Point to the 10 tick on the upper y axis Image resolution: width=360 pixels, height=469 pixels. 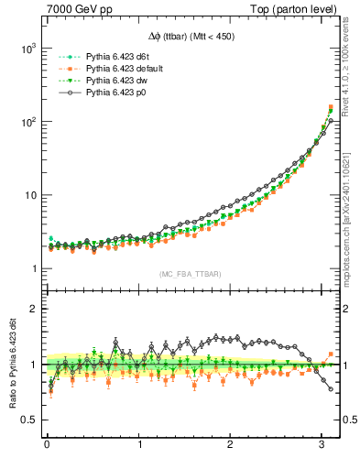point(29,195)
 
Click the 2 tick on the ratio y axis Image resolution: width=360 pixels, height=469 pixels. point(33,310)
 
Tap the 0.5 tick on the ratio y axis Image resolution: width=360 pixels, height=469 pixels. point(29,420)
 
